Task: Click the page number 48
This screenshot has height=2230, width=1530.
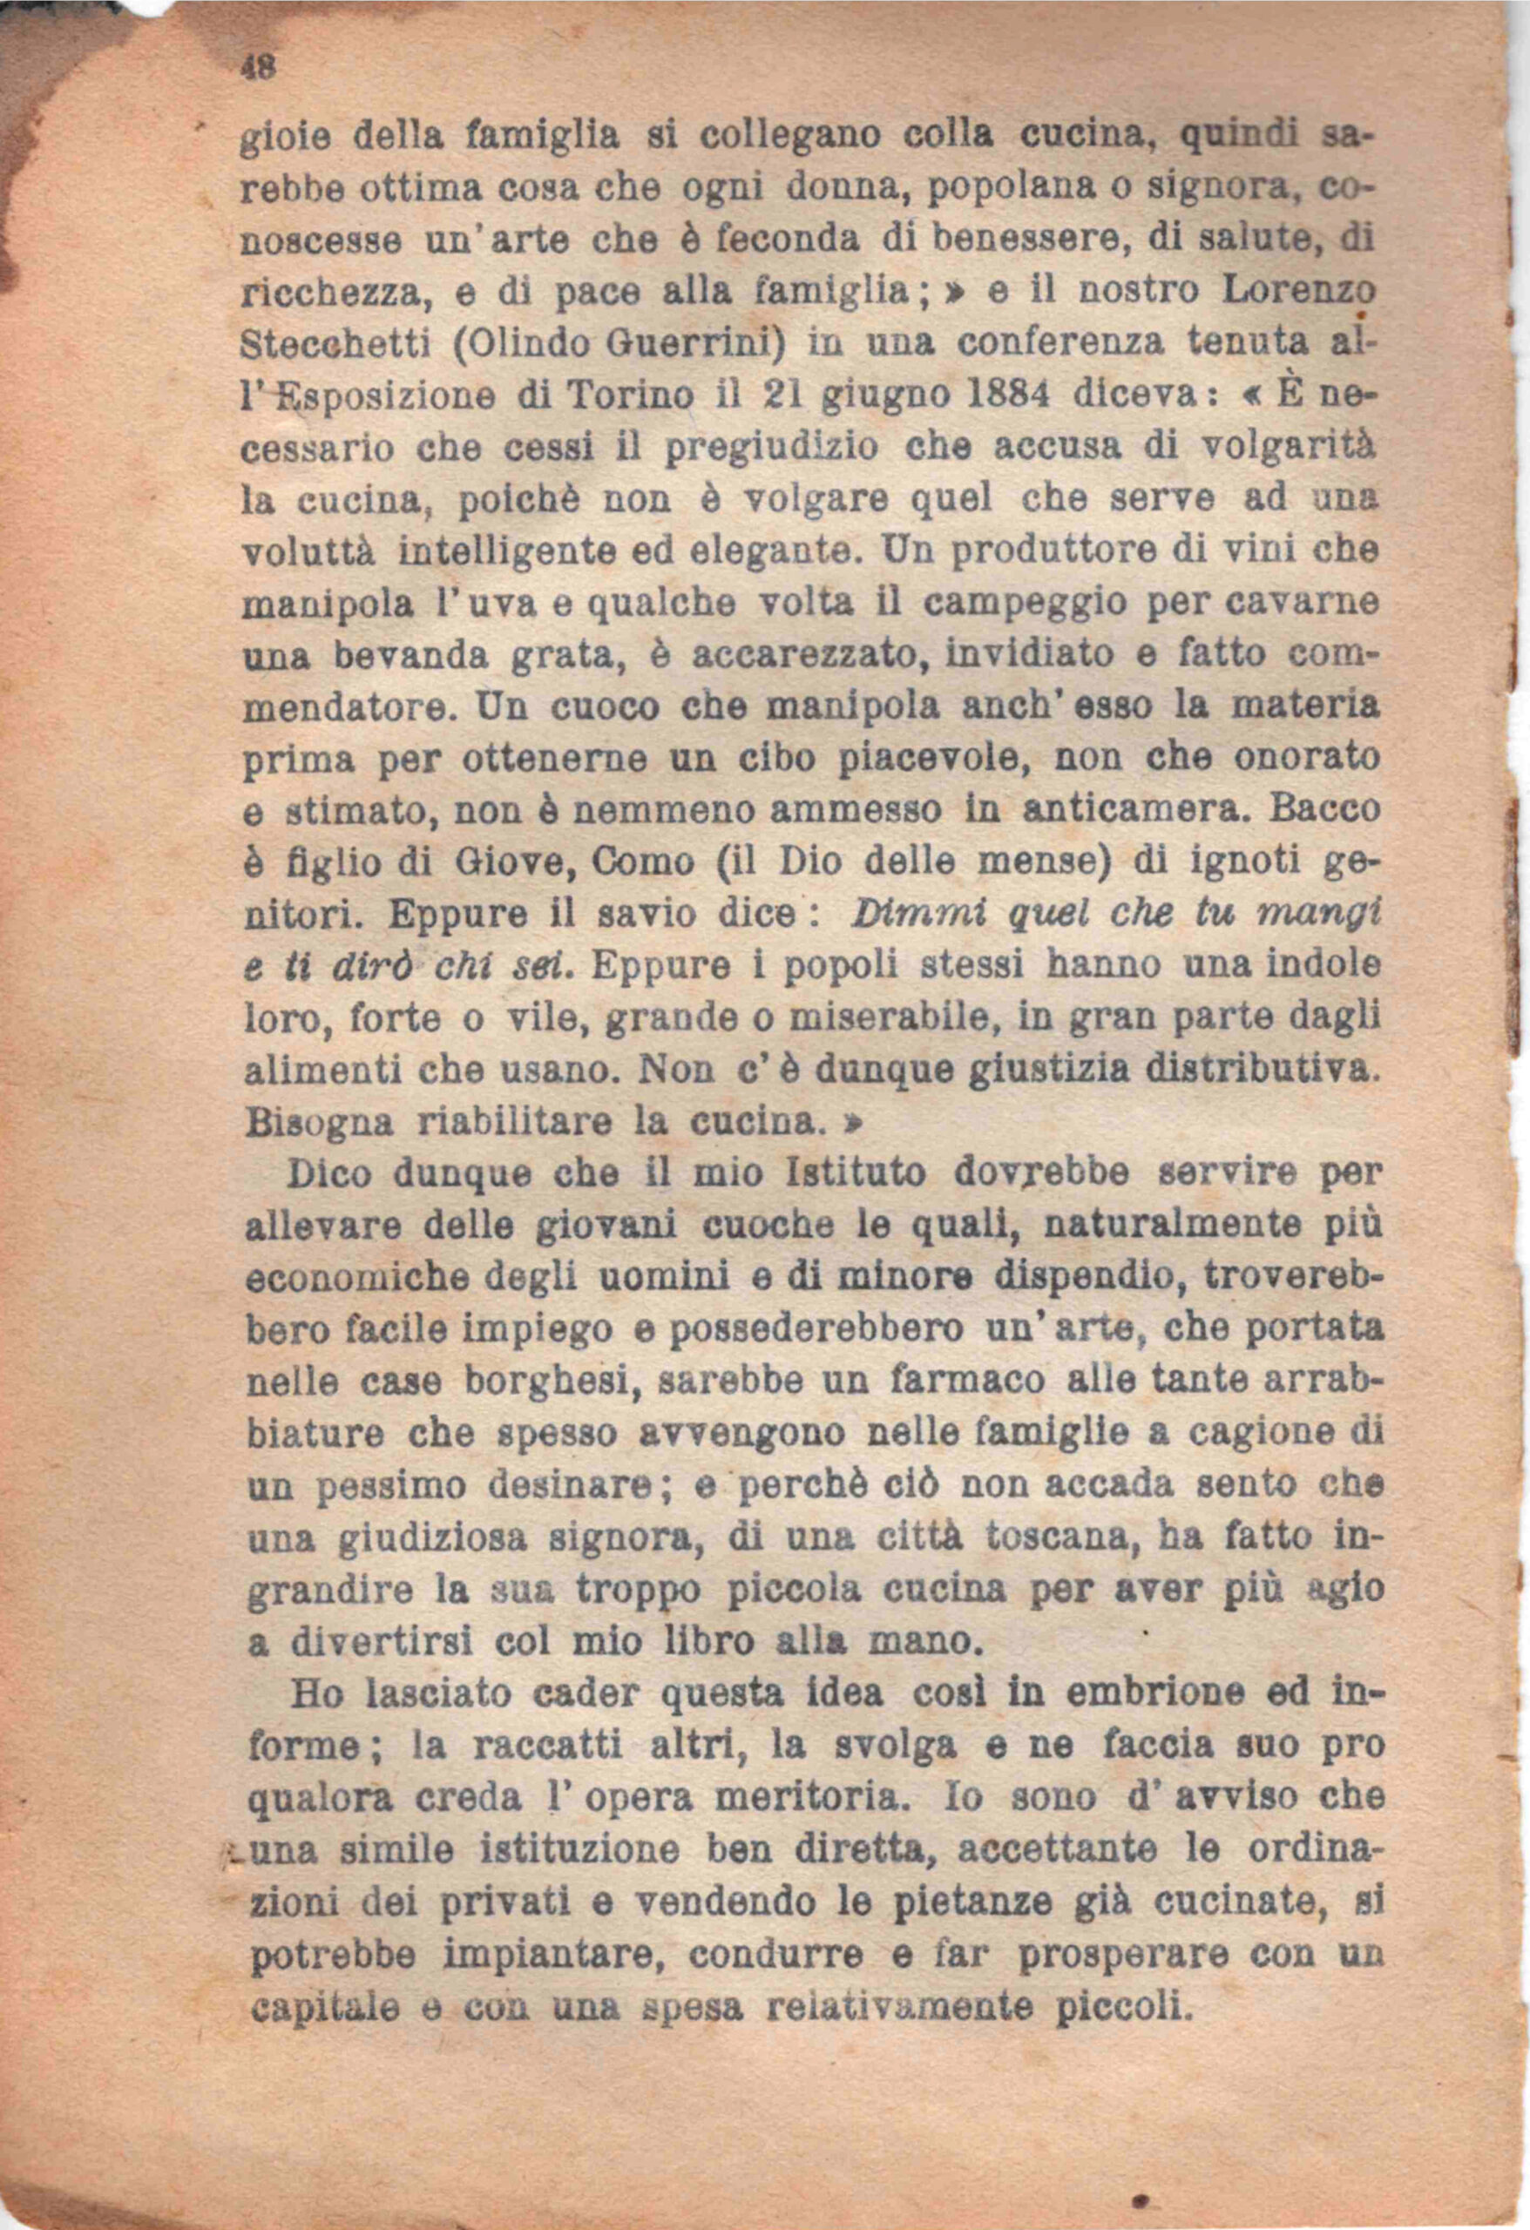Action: point(259,68)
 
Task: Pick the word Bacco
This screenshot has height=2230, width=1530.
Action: point(1324,808)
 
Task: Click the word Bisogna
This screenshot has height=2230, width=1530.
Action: point(320,1122)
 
